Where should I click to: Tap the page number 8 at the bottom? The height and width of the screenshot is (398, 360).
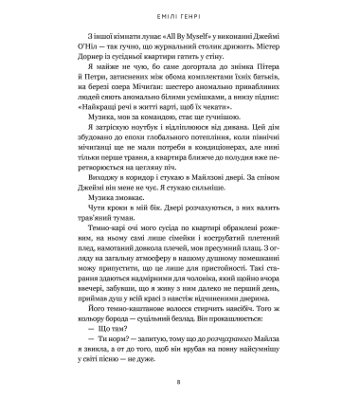click(x=180, y=383)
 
